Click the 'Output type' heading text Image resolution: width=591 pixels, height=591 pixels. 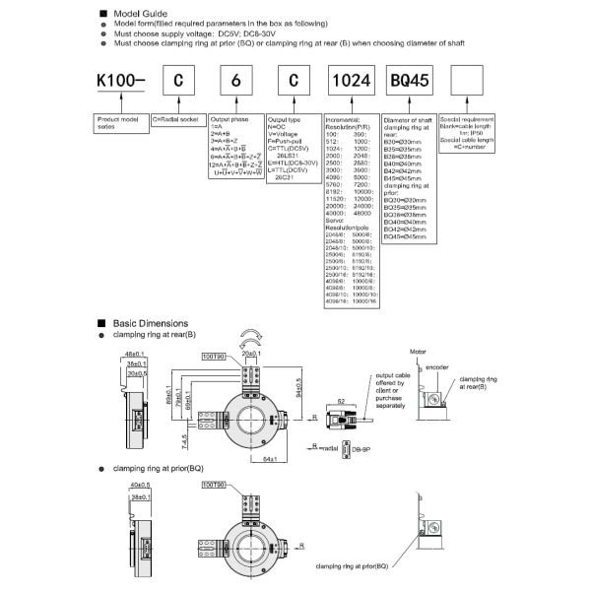point(286,119)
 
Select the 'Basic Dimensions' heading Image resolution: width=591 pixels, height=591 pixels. point(149,323)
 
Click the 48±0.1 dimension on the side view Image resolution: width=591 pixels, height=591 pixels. point(134,353)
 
